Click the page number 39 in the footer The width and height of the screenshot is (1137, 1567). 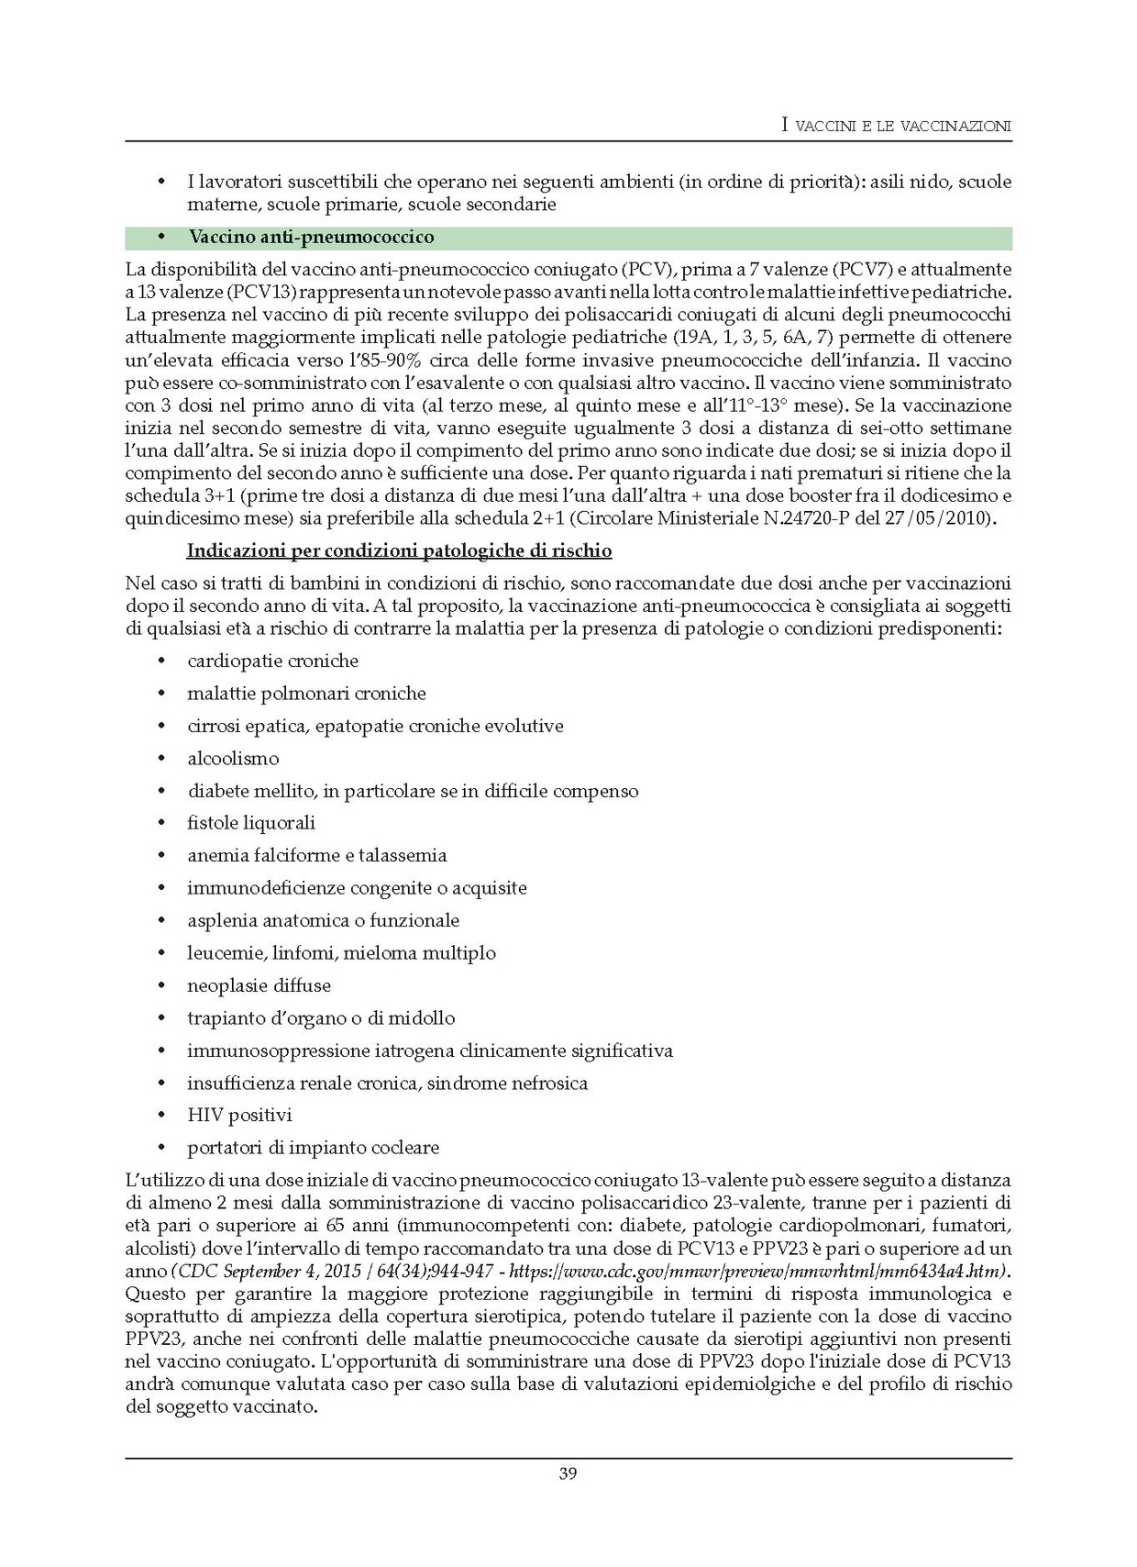click(x=568, y=1474)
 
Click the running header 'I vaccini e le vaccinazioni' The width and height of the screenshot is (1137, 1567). click(x=896, y=126)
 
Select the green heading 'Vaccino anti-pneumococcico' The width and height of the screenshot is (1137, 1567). click(x=311, y=238)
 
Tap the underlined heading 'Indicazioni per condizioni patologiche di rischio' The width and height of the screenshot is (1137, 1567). click(x=399, y=551)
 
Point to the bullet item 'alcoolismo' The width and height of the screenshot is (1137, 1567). click(x=233, y=759)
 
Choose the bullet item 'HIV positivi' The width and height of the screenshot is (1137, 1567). click(x=239, y=1116)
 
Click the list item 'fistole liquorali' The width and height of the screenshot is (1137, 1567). click(x=251, y=823)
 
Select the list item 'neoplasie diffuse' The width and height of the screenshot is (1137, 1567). click(x=259, y=986)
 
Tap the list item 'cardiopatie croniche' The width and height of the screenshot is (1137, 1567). click(x=272, y=661)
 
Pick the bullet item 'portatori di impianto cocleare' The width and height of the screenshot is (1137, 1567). click(x=313, y=1148)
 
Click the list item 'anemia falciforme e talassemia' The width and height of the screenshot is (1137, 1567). click(x=316, y=856)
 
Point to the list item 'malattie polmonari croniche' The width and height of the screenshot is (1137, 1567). click(x=306, y=694)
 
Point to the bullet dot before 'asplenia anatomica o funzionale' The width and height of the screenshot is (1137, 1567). click(x=161, y=920)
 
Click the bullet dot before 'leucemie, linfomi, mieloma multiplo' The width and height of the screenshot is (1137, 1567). click(x=161, y=953)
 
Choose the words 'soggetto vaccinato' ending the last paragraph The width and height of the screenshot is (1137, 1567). click(x=235, y=1406)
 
